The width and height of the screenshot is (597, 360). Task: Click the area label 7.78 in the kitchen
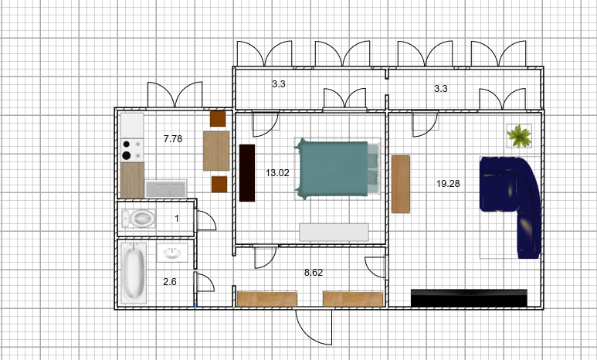point(173,139)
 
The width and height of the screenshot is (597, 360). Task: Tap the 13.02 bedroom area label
point(277,173)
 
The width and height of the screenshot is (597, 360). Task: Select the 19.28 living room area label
point(448,184)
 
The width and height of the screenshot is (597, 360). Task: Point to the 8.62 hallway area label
point(314,273)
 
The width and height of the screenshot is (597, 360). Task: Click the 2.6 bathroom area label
point(169,282)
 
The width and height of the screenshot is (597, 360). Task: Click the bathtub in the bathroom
point(134,273)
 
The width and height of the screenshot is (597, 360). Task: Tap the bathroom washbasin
point(172,253)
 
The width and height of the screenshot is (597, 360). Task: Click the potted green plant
point(519,136)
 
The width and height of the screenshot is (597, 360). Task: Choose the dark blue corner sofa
point(511,205)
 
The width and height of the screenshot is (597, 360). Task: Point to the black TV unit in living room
point(469,298)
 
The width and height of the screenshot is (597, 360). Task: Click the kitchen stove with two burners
point(132,150)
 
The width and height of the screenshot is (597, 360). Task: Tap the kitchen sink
point(165,189)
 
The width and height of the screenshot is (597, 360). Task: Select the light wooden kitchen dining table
point(216,151)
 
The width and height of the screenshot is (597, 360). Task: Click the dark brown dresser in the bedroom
point(246,172)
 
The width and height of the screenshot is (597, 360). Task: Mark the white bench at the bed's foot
point(334,233)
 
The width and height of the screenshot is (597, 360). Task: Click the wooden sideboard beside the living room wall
point(401,184)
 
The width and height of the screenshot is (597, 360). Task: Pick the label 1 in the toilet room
point(177,219)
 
